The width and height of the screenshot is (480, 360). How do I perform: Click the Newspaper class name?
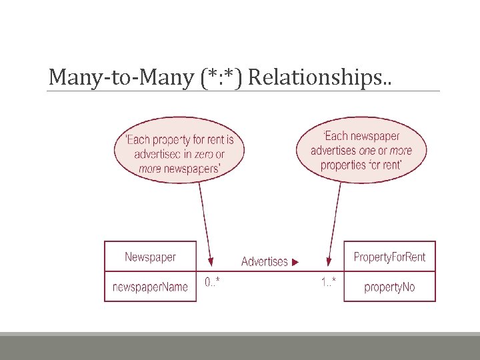point(151,257)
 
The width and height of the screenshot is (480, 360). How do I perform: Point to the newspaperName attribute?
point(151,287)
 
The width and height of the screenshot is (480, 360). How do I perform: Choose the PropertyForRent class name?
point(389,257)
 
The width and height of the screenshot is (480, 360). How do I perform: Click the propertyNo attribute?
point(389,287)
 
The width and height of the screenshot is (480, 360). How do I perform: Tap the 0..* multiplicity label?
point(212,283)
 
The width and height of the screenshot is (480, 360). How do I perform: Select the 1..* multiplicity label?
point(328,283)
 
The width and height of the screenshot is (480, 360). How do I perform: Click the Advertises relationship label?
point(265,262)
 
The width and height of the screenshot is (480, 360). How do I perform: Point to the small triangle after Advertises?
point(295,262)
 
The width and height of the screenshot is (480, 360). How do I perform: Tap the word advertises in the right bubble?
point(333,151)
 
